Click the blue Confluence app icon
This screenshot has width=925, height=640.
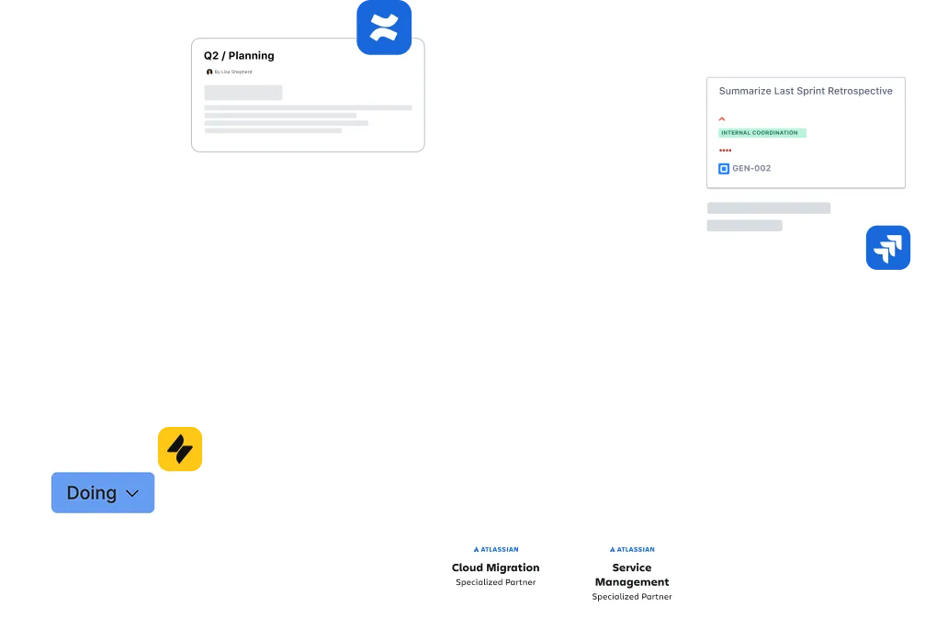(x=384, y=28)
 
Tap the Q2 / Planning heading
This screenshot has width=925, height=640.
(x=239, y=55)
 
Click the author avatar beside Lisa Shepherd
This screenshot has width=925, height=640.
(x=209, y=72)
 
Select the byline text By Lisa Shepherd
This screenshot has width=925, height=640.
(x=233, y=72)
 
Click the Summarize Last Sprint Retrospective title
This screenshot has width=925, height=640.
(x=806, y=91)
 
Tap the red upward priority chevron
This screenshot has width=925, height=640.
(x=721, y=119)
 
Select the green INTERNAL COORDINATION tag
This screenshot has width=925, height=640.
(x=762, y=133)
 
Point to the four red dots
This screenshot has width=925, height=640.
(x=725, y=151)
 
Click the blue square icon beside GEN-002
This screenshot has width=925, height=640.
(x=724, y=169)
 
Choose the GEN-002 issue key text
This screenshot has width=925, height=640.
(x=751, y=168)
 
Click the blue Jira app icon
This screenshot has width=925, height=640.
(x=888, y=248)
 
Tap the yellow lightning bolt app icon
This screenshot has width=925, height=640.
(x=180, y=449)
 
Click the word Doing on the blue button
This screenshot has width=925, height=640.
(x=92, y=492)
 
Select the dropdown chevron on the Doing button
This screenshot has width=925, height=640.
(x=132, y=493)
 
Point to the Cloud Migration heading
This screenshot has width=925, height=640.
(x=495, y=567)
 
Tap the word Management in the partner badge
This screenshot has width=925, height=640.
(x=632, y=582)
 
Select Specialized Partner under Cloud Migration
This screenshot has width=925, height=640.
(x=495, y=582)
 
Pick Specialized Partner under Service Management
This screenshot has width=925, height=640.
(x=632, y=596)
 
